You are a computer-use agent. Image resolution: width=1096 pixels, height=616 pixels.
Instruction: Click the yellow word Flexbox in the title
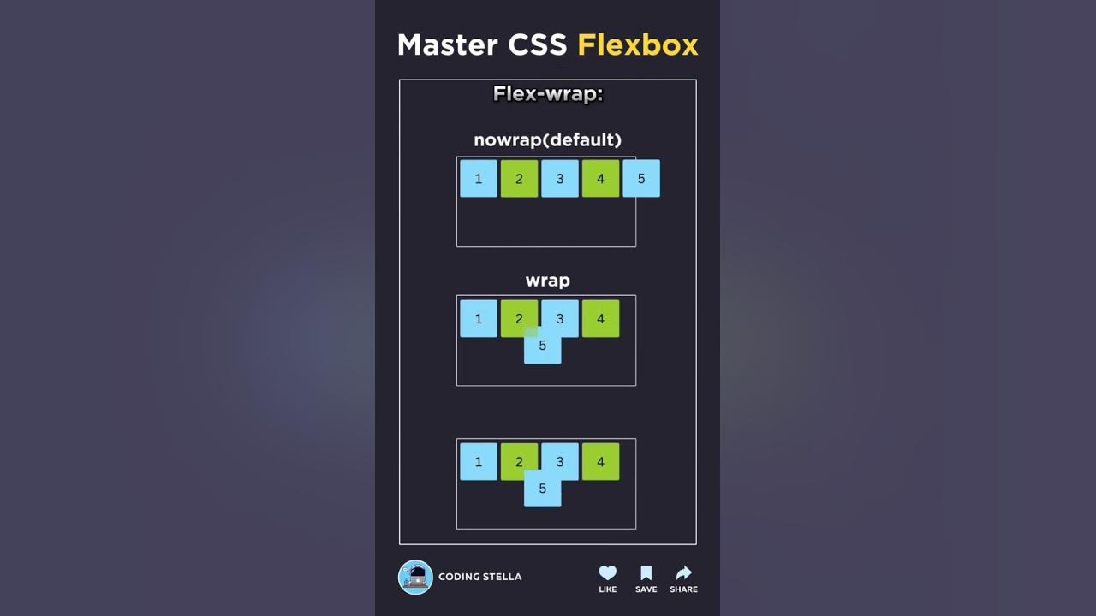point(637,44)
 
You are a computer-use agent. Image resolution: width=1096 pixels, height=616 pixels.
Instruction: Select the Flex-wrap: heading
point(548,93)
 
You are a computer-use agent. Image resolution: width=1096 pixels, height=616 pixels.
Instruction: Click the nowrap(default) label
point(547,139)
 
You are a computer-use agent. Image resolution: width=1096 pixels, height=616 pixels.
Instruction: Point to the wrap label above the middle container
point(547,281)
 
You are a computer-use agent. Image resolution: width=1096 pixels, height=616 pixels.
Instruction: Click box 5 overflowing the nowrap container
point(641,179)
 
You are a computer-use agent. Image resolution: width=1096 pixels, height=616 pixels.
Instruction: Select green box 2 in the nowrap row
point(519,179)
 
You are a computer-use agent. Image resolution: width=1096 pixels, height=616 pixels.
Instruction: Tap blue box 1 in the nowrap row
point(479,179)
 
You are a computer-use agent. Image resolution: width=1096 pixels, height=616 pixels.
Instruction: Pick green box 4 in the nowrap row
point(600,179)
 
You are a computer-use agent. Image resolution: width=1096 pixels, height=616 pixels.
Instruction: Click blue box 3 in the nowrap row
point(560,179)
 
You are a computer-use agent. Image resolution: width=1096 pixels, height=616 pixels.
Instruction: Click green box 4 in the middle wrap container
point(600,319)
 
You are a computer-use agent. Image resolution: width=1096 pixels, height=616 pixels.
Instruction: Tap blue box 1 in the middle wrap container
point(479,319)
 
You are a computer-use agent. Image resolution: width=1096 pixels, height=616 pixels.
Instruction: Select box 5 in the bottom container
point(542,489)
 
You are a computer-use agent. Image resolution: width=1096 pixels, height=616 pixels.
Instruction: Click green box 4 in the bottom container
point(600,462)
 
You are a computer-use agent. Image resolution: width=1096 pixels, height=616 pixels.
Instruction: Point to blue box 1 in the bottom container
point(479,462)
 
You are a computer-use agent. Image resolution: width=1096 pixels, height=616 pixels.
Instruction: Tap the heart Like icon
point(607,573)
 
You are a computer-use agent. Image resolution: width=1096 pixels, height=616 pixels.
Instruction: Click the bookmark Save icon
point(646,573)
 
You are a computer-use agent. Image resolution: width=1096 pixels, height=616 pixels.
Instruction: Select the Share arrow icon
point(683,573)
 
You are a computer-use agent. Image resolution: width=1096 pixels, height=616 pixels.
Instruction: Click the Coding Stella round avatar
point(415,577)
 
